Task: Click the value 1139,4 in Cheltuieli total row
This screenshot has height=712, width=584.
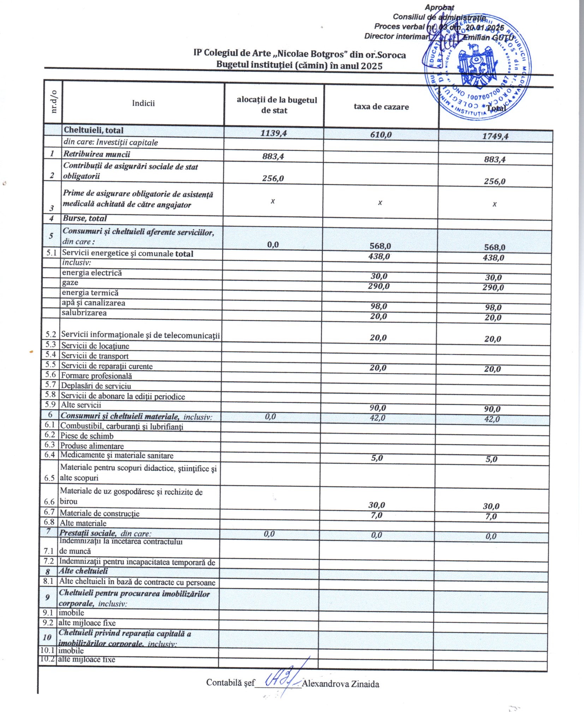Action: click(x=274, y=133)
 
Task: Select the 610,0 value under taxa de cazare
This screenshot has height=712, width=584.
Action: click(x=381, y=135)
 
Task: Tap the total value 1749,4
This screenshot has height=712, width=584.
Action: click(x=495, y=136)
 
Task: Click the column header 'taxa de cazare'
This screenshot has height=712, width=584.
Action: click(x=381, y=107)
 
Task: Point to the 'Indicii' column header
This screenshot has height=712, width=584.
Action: click(x=143, y=103)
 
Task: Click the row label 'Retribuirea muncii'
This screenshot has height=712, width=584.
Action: click(x=96, y=154)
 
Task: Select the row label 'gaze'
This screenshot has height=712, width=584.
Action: click(x=70, y=283)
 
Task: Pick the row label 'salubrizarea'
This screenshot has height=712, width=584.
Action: click(x=84, y=313)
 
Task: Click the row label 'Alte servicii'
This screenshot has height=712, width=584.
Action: click(x=81, y=405)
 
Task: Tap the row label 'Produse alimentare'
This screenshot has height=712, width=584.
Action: click(x=92, y=446)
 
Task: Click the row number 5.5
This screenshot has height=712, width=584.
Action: click(x=50, y=365)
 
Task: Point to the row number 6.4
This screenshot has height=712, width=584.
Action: click(x=49, y=455)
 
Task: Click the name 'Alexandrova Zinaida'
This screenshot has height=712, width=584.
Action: click(x=340, y=684)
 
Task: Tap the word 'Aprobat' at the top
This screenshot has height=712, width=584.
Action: click(x=439, y=7)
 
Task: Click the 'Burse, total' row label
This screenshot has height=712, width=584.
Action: click(x=85, y=218)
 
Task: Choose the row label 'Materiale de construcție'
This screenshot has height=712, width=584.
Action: click(x=100, y=513)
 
